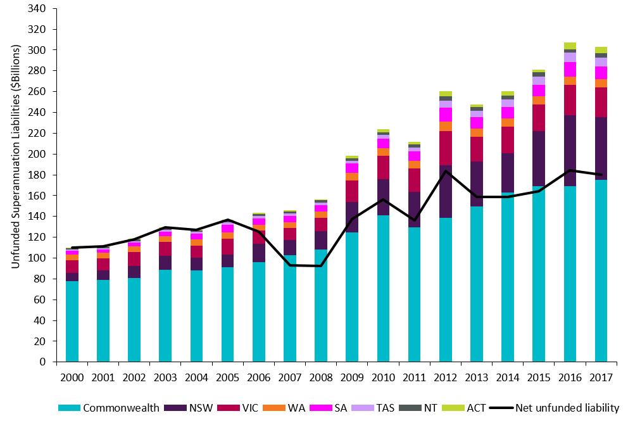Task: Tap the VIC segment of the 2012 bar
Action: pyautogui.click(x=445, y=148)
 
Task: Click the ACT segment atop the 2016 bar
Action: pyautogui.click(x=570, y=46)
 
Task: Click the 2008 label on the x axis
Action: pyautogui.click(x=321, y=377)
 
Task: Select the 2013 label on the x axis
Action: pyautogui.click(x=477, y=377)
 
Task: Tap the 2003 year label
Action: pyautogui.click(x=165, y=377)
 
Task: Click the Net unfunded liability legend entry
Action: pyautogui.click(x=557, y=408)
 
